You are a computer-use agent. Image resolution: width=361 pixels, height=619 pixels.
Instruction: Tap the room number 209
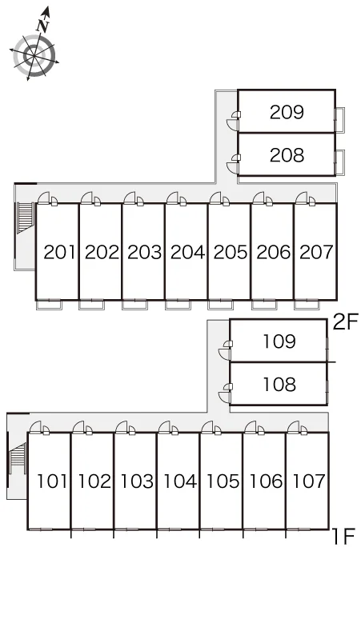pos(287,112)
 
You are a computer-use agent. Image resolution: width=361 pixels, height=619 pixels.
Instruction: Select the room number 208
pos(287,155)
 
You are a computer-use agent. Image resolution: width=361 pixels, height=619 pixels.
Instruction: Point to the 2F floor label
pos(345,322)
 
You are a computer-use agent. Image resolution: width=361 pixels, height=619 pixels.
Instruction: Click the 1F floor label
pos(343,537)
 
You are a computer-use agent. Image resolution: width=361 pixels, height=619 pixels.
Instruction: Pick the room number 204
pos(187,252)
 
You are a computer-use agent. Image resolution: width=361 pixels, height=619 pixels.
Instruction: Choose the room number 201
pos(59,252)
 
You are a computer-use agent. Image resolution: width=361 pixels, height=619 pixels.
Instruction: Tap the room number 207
pos(317,252)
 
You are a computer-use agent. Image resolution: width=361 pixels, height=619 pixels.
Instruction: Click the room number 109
pos(279,341)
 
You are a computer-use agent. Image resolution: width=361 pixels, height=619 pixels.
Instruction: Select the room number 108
pos(279,385)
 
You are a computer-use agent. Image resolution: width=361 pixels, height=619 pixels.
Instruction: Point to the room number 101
pos(52,481)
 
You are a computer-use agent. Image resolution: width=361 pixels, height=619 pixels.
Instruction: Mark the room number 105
pos(223,481)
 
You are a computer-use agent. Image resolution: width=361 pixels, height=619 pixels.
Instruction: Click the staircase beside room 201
pos(26,218)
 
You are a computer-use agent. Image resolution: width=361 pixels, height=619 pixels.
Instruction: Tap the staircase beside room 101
pos(18,458)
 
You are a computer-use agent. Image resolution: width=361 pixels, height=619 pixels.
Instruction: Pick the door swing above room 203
pos(130,198)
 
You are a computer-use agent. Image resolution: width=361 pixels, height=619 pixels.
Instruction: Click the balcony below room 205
pos(220,305)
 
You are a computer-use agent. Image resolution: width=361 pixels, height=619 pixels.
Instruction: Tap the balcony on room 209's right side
pos(339,119)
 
